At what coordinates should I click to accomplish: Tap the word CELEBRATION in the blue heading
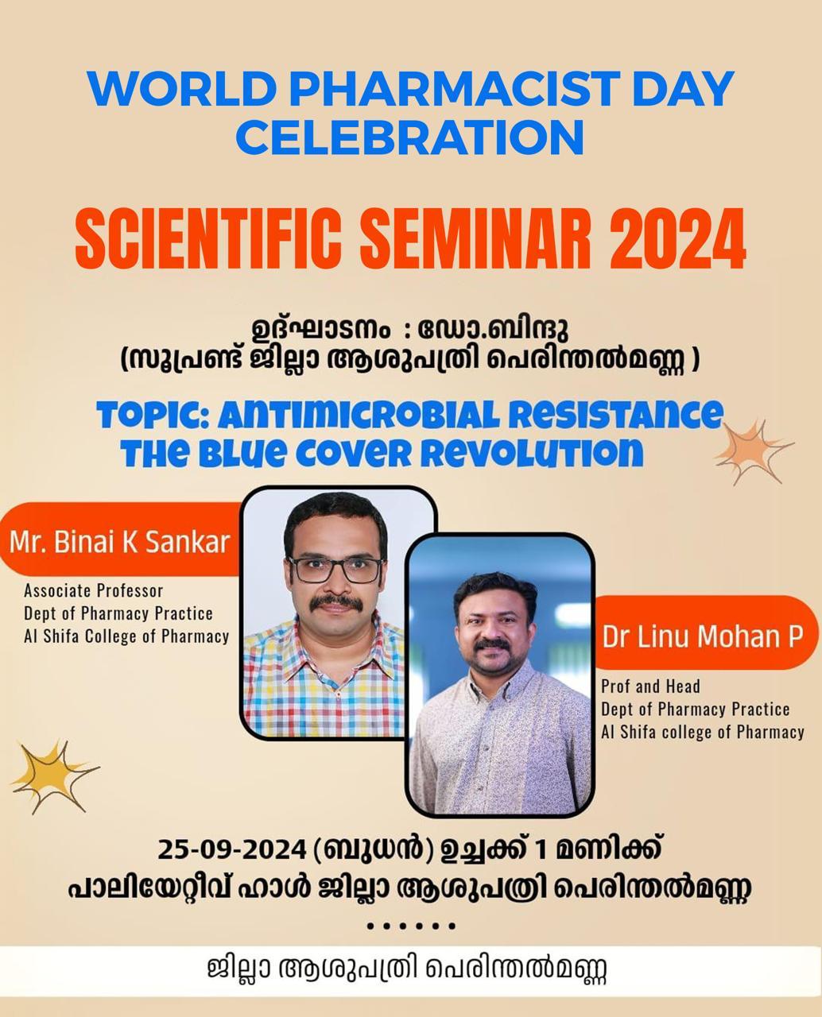pyautogui.click(x=409, y=137)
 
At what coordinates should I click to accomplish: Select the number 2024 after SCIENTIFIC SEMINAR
pyautogui.click(x=677, y=238)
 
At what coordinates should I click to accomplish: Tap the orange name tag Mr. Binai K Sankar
pyautogui.click(x=119, y=539)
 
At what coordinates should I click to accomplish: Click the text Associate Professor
pyautogui.click(x=94, y=591)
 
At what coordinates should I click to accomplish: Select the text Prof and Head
pyautogui.click(x=650, y=686)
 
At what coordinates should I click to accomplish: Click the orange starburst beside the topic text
pyautogui.click(x=752, y=451)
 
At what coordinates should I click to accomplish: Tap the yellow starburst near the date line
pyautogui.click(x=53, y=776)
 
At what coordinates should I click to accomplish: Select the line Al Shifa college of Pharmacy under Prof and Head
pyautogui.click(x=703, y=732)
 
